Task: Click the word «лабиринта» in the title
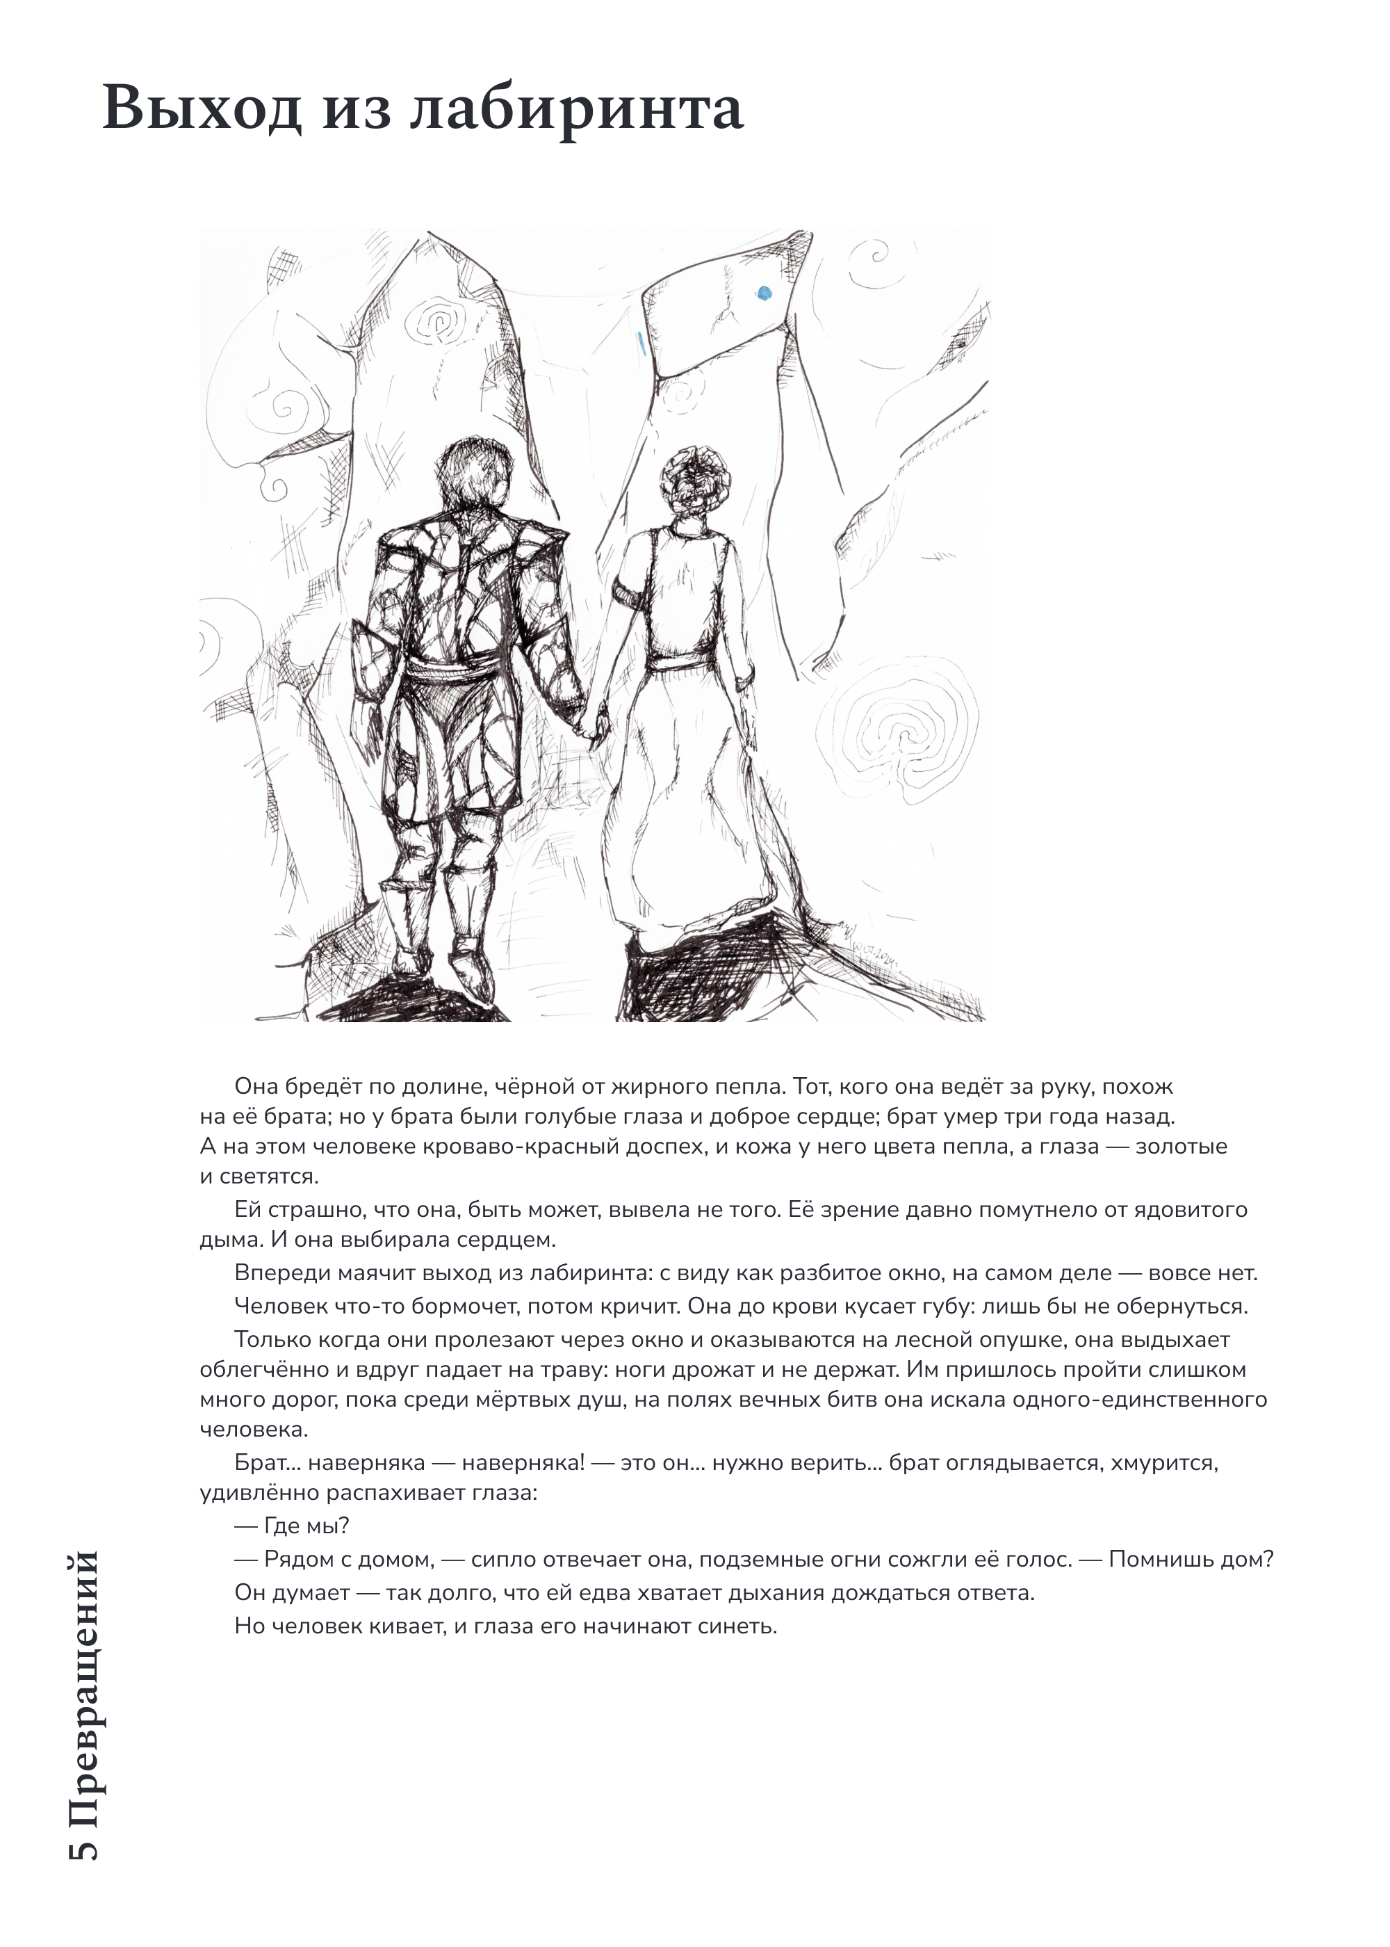pyautogui.click(x=576, y=108)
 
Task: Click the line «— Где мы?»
pyautogui.click(x=292, y=1526)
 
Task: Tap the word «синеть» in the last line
pyautogui.click(x=736, y=1626)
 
